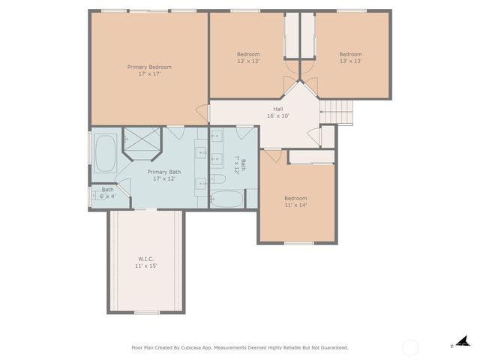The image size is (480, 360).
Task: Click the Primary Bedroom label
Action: (149, 67)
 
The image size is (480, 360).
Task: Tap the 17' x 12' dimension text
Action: (163, 178)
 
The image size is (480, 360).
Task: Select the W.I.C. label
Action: (145, 259)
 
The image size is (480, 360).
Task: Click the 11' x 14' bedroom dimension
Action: (295, 205)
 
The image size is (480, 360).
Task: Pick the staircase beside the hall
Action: (337, 112)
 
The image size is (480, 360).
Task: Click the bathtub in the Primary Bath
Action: (104, 154)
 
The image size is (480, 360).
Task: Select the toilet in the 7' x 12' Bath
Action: (218, 179)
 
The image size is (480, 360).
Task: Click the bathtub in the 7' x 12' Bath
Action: (226, 199)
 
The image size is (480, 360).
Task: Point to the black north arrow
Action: (463, 341)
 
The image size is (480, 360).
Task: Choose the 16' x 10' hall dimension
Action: (277, 116)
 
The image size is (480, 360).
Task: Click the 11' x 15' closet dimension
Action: (145, 265)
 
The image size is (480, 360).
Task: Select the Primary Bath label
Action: (163, 172)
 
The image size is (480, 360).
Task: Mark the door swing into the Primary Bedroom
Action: (202, 113)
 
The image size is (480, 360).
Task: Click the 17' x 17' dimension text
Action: (149, 73)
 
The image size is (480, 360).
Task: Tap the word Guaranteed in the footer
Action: (331, 347)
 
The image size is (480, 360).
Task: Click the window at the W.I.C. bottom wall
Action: (146, 312)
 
